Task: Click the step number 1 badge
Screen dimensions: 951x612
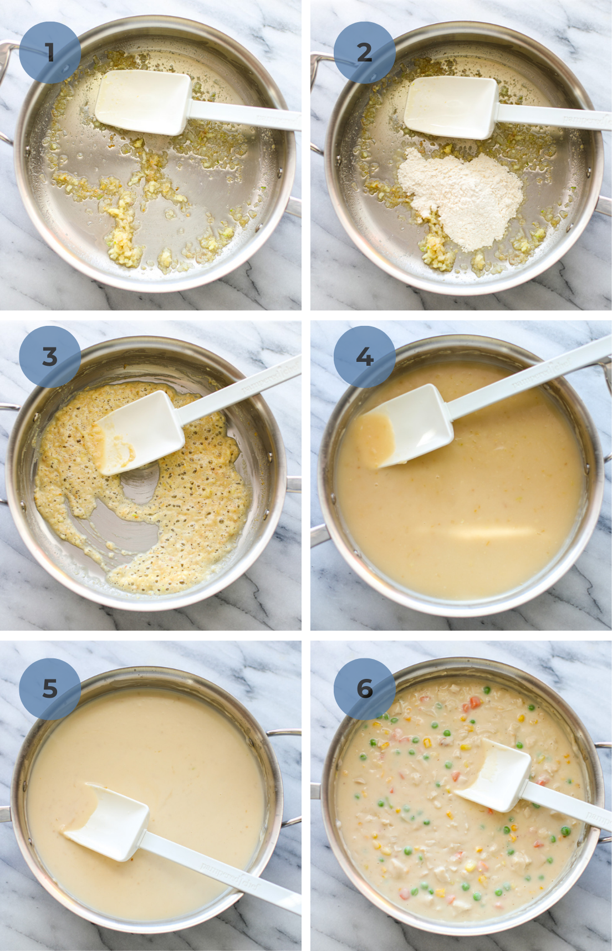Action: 50,53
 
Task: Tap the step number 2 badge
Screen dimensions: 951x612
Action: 364,53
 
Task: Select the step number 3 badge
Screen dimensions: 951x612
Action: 50,356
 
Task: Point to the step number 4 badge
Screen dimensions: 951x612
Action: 364,356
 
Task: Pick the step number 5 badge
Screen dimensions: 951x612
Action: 50,688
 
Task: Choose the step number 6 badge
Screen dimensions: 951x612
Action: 364,688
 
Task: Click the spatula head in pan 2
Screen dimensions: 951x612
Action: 450,106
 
